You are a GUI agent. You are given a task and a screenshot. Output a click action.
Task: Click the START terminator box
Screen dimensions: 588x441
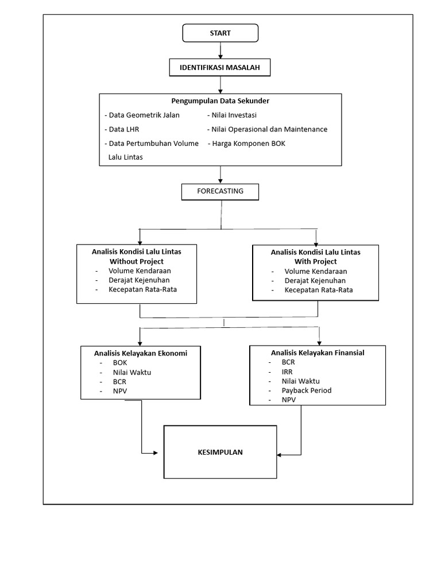click(x=220, y=33)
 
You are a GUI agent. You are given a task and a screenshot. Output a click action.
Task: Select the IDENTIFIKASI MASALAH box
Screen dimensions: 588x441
click(x=220, y=68)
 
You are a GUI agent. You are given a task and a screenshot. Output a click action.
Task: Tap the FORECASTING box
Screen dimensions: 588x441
click(x=220, y=191)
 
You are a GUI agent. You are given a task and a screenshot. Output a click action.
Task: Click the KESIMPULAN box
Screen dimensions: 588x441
click(x=220, y=452)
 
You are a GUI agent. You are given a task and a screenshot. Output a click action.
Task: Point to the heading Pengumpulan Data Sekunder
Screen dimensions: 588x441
click(x=220, y=101)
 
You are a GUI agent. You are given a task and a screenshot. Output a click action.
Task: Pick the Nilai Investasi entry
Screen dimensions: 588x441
click(x=229, y=115)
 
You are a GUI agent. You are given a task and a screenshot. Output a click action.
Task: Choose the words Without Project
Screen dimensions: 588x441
click(x=137, y=262)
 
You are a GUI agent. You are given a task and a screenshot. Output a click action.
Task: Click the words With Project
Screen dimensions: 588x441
click(x=315, y=262)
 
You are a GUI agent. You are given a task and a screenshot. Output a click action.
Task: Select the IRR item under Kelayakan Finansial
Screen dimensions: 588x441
click(x=287, y=372)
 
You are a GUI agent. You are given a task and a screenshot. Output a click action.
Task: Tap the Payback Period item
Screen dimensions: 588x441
click(x=306, y=390)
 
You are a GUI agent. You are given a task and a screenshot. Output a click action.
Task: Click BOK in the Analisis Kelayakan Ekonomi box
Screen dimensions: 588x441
click(x=120, y=363)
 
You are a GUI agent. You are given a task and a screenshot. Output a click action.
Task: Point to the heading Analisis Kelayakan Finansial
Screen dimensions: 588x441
click(x=318, y=353)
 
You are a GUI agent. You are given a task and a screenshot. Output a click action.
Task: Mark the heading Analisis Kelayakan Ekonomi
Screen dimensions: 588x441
click(x=141, y=353)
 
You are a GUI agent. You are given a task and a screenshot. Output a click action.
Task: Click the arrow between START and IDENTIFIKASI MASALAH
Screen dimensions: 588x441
click(x=220, y=51)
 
